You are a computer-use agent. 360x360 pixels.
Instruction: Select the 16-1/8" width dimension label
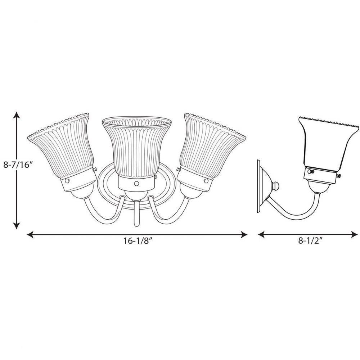tap(138, 240)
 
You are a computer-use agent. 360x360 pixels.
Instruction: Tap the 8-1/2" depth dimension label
tap(310, 240)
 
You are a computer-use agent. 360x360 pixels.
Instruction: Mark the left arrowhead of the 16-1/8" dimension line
tap(30, 234)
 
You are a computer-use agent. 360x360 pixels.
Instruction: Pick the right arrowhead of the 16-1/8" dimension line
tap(244, 234)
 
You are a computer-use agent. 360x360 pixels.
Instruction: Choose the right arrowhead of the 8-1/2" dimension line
tap(354, 234)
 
